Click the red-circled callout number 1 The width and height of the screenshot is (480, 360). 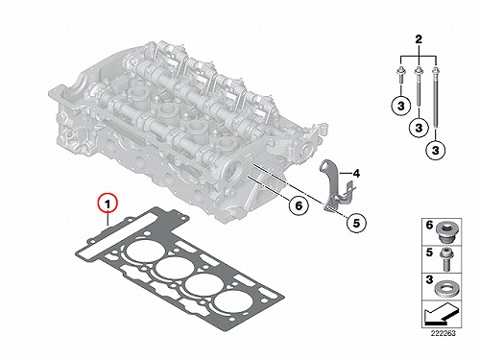tap(108, 204)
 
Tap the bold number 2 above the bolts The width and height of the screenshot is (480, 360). tap(419, 39)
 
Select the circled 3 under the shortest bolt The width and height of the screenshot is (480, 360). tap(401, 106)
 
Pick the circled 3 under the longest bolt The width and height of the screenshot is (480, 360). tap(436, 150)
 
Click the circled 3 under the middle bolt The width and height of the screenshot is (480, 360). tap(419, 128)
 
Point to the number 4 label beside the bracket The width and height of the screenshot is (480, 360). tap(356, 174)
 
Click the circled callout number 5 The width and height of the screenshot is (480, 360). tap(356, 223)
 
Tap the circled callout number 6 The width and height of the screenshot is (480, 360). tap(299, 205)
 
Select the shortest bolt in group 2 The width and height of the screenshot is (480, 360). tap(400, 76)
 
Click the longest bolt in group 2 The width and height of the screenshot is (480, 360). tap(435, 102)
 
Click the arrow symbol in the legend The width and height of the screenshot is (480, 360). tap(440, 314)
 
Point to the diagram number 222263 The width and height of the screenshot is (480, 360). tap(443, 333)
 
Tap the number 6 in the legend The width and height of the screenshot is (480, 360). tap(429, 226)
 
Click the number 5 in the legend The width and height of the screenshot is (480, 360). tap(429, 252)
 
